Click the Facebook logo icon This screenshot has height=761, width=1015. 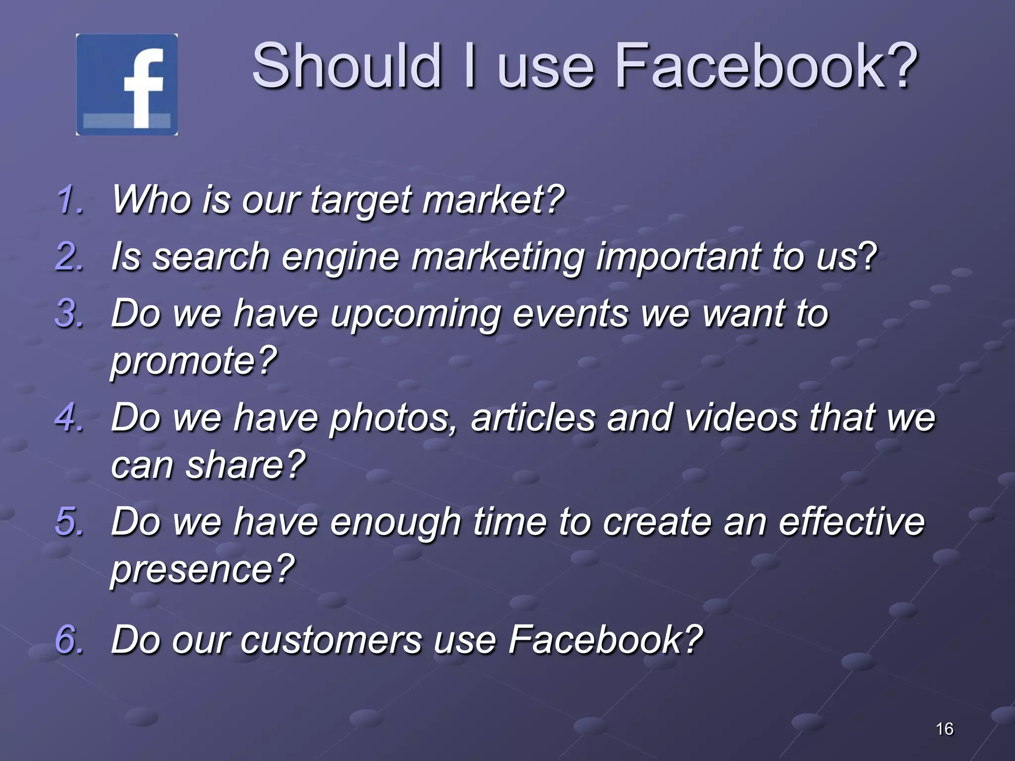coord(127,85)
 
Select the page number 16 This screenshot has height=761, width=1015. coord(944,729)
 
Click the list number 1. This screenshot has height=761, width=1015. coord(70,200)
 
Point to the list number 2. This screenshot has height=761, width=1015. coord(70,257)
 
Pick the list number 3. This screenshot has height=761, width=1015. coord(70,314)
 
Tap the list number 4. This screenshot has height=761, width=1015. coord(70,418)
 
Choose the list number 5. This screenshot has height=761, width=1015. coord(70,522)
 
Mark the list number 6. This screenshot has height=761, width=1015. coord(70,639)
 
